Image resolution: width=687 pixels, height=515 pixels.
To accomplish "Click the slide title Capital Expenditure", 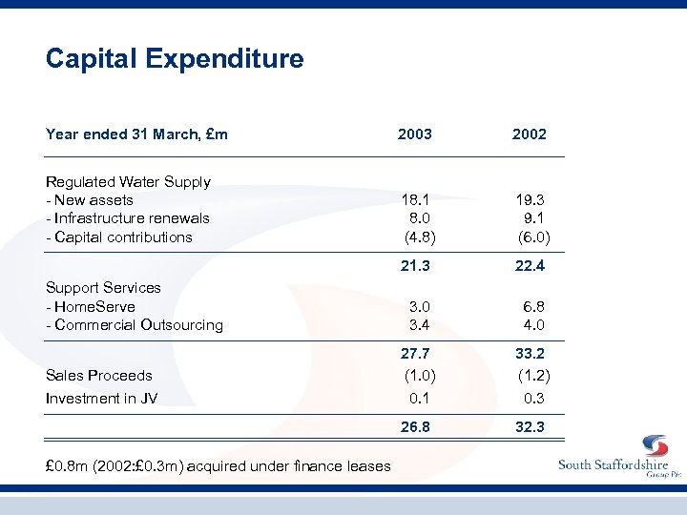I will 175,59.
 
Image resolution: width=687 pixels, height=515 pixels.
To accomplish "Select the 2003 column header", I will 415,134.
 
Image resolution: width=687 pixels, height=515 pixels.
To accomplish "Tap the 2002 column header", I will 529,134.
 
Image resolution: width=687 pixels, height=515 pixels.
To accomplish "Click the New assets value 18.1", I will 415,200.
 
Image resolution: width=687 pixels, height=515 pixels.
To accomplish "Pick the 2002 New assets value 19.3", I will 530,200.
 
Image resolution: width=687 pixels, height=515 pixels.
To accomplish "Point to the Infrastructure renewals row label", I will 128,218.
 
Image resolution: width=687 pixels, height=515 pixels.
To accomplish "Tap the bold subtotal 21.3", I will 415,266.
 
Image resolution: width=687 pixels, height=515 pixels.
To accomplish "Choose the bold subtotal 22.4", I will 530,266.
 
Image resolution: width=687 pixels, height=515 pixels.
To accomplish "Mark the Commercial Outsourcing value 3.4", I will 418,324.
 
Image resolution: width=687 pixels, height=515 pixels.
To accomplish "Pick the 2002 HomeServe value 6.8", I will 532,306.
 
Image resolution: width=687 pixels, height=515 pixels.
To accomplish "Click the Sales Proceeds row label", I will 99,375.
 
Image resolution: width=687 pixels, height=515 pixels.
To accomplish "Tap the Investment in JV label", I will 102,399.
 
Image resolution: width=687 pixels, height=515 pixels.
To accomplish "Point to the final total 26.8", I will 415,426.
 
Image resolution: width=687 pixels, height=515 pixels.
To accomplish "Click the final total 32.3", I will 530,426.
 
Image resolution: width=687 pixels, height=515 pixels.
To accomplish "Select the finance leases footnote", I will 219,466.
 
